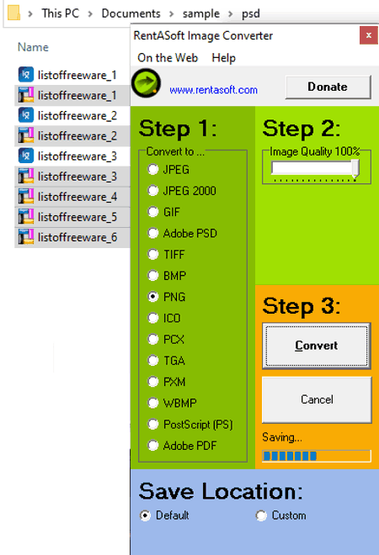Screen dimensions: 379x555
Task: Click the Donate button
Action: click(328, 87)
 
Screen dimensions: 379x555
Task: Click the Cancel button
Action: click(317, 399)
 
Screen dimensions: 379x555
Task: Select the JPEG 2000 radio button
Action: click(152, 191)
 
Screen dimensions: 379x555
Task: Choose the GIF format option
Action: click(152, 212)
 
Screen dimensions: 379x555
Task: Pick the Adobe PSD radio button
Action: click(152, 233)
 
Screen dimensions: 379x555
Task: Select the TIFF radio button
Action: click(152, 255)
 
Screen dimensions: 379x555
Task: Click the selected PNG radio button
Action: click(152, 297)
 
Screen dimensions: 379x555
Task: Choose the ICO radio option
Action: click(152, 318)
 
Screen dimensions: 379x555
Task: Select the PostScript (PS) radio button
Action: click(152, 424)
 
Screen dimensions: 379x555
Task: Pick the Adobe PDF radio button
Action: click(152, 446)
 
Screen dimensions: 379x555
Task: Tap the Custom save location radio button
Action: click(261, 515)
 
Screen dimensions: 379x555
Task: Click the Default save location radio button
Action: click(145, 515)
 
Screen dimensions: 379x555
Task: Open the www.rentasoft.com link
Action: click(213, 90)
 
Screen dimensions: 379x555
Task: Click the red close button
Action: click(369, 35)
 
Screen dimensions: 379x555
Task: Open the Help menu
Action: click(223, 58)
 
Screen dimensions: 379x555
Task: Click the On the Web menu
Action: click(168, 58)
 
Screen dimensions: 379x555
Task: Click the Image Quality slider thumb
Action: click(355, 168)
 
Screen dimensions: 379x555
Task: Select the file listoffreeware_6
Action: click(77, 237)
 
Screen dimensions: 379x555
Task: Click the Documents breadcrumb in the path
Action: click(131, 13)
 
